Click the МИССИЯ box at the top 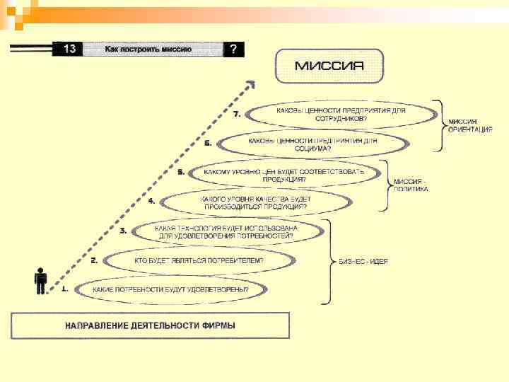click(x=329, y=66)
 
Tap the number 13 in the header click(x=70, y=49)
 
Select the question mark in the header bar click(x=233, y=49)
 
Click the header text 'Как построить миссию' click(x=153, y=50)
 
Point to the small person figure click(x=41, y=280)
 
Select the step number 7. click(x=237, y=113)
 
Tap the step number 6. click(x=208, y=143)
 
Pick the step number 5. click(x=180, y=172)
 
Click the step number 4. click(x=151, y=201)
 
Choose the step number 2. click(x=94, y=260)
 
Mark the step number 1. click(x=64, y=289)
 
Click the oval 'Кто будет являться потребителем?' click(x=198, y=261)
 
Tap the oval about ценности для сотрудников click(x=341, y=114)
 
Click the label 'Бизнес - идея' click(x=364, y=261)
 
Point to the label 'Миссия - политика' click(x=411, y=185)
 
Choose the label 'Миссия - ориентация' click(x=469, y=126)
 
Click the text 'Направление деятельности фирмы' click(x=151, y=326)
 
